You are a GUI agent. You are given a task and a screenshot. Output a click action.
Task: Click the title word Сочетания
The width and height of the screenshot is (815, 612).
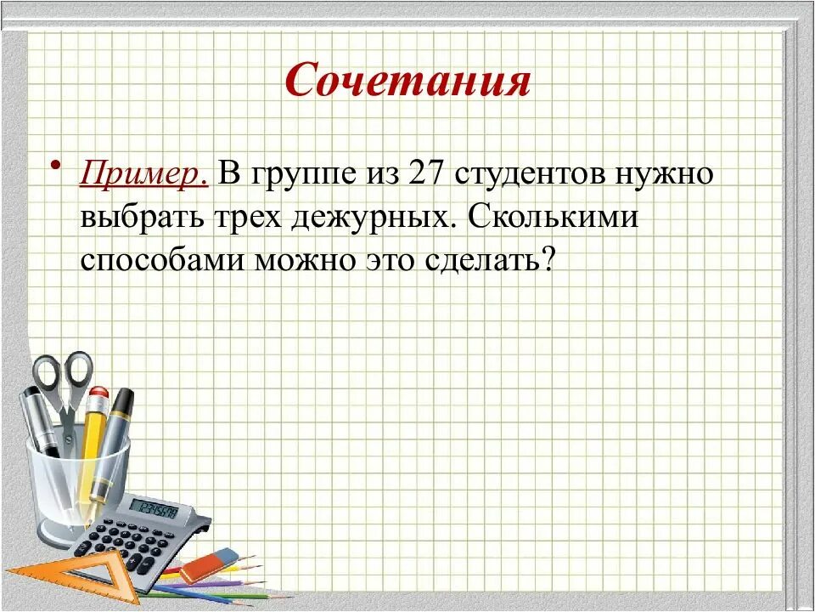coord(407,81)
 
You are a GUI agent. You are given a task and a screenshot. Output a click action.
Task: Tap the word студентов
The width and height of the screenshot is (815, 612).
coord(538,174)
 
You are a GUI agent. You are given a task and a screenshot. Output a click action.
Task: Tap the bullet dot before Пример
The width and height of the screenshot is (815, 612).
coord(56,163)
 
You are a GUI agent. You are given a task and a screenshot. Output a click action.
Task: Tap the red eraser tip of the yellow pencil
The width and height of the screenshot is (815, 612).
coord(99,395)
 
